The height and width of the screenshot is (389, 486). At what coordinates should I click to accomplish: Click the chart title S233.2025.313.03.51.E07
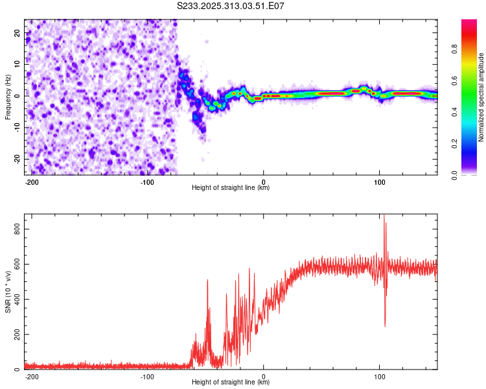[x=231, y=5]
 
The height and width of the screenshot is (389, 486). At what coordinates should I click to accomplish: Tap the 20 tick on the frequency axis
[x=17, y=32]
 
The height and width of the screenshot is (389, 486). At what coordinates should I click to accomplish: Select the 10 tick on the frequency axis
[x=17, y=64]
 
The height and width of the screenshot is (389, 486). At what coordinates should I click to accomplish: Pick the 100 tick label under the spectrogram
[x=379, y=182]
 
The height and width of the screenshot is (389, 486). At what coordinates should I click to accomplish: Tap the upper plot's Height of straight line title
[x=231, y=188]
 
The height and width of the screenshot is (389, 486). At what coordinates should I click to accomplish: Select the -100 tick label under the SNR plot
[x=147, y=376]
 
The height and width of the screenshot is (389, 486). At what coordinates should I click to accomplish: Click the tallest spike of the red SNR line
[x=384, y=216]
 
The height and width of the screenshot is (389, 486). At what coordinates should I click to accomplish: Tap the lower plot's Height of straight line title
[x=231, y=383]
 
